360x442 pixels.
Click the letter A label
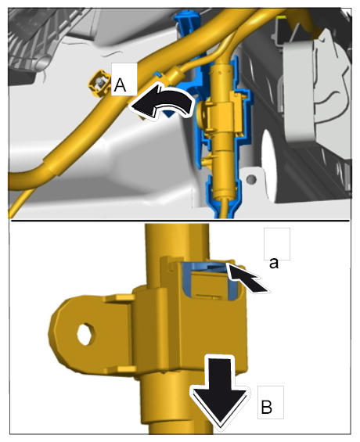pyautogui.click(x=120, y=84)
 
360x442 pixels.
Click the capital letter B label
pyautogui.click(x=267, y=407)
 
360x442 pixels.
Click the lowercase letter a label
pyautogui.click(x=274, y=263)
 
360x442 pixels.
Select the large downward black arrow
pyautogui.click(x=220, y=393)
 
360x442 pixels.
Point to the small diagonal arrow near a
pyautogui.click(x=247, y=278)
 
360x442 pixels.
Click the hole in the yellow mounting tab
pyautogui.click(x=85, y=334)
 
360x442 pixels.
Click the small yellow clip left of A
pyautogui.click(x=99, y=84)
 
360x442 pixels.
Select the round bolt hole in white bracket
pyautogui.click(x=251, y=179)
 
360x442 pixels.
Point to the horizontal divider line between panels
pyautogui.click(x=179, y=220)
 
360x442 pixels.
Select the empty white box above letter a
pyautogui.click(x=277, y=243)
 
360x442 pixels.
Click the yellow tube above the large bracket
pyautogui.click(x=177, y=242)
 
